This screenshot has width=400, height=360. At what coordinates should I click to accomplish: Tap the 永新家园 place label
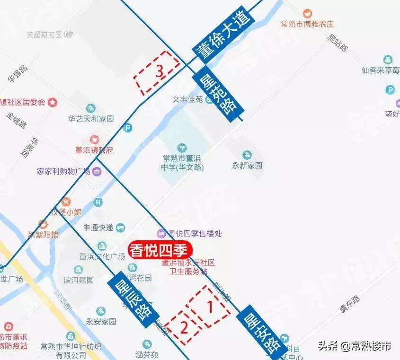[x=247, y=166]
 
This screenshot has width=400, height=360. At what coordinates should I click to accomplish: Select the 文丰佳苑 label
[x=187, y=99]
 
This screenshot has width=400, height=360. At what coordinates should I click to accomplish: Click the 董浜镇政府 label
[x=95, y=150]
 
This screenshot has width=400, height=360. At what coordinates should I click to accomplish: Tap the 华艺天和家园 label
[x=91, y=119]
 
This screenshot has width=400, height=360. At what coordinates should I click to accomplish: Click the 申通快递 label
[x=98, y=228]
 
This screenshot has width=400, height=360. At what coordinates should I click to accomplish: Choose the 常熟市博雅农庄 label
[x=307, y=24]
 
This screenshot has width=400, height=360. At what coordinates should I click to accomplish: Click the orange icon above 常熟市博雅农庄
[x=307, y=13]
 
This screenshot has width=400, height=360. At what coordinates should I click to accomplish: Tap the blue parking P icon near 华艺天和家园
[x=127, y=128]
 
